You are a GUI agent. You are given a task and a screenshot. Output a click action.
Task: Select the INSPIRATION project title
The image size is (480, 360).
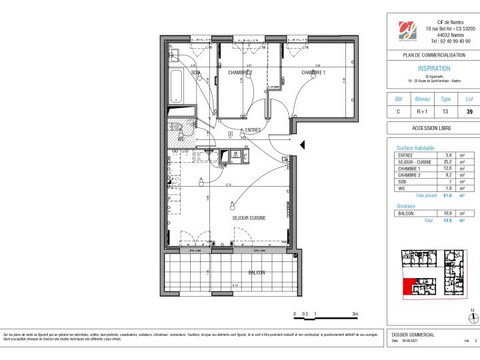pyautogui.click(x=434, y=68)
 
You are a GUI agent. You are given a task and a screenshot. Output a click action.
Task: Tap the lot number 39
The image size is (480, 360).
pyautogui.click(x=469, y=111)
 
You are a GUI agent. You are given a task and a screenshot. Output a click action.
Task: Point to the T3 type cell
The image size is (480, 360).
pyautogui.click(x=446, y=111)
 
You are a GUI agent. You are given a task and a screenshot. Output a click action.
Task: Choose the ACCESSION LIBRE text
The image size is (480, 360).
pyautogui.click(x=433, y=129)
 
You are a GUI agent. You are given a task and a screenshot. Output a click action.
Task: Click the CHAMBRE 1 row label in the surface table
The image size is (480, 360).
pyautogui.click(x=407, y=169)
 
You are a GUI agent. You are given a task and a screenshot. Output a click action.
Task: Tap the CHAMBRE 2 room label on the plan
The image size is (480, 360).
pyautogui.click(x=240, y=72)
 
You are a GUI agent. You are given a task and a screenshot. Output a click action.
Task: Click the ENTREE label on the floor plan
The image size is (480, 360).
pyautogui.click(x=253, y=130)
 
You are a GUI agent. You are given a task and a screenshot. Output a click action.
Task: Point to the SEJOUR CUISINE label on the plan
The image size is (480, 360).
pyautogui.click(x=249, y=218)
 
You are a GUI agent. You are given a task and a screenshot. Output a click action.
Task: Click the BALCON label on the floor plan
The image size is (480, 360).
pyautogui.click(x=256, y=273)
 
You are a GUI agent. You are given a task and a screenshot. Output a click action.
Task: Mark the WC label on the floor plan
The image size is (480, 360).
pyautogui.click(x=181, y=139)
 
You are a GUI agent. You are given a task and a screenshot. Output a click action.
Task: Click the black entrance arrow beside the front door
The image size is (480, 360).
pyautogui.click(x=303, y=145)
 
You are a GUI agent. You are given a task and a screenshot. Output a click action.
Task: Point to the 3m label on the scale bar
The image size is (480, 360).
pyautogui.click(x=355, y=313)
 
